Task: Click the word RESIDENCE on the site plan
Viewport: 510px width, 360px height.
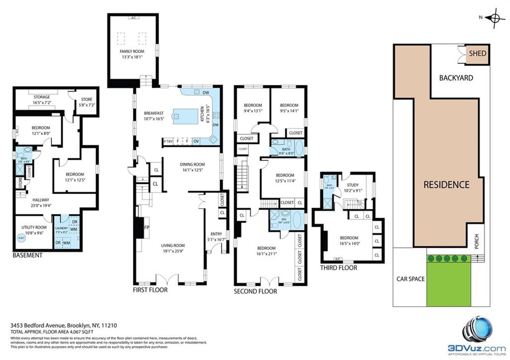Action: click(446, 184)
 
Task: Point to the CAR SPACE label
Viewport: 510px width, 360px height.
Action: click(410, 279)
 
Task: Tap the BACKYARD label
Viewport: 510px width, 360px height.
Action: click(456, 78)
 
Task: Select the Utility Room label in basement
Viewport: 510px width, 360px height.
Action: click(34, 227)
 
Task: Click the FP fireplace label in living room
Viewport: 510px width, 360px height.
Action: click(147, 228)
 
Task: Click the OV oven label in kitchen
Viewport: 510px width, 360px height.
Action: click(196, 141)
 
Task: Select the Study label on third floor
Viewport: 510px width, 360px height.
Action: click(353, 185)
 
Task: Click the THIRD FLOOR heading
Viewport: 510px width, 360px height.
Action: click(339, 267)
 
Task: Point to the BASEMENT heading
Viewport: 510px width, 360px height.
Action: click(27, 255)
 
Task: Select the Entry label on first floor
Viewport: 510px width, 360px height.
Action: click(217, 234)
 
